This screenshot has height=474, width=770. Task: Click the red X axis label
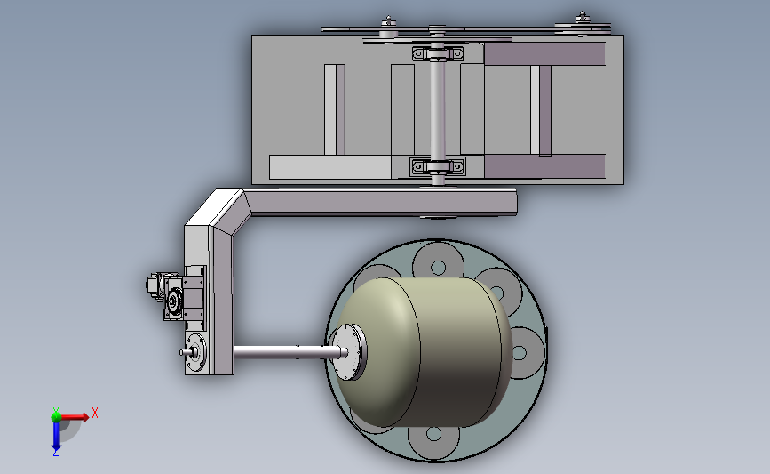click(95, 413)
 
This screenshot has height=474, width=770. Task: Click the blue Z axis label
click(55, 453)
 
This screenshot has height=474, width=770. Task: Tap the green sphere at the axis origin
click(56, 417)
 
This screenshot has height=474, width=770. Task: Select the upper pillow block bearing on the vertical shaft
click(438, 53)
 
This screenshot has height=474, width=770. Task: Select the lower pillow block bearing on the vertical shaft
click(438, 166)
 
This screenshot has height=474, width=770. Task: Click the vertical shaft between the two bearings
click(438, 109)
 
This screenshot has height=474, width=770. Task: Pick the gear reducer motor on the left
click(165, 294)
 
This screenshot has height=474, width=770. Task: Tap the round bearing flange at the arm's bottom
click(196, 352)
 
